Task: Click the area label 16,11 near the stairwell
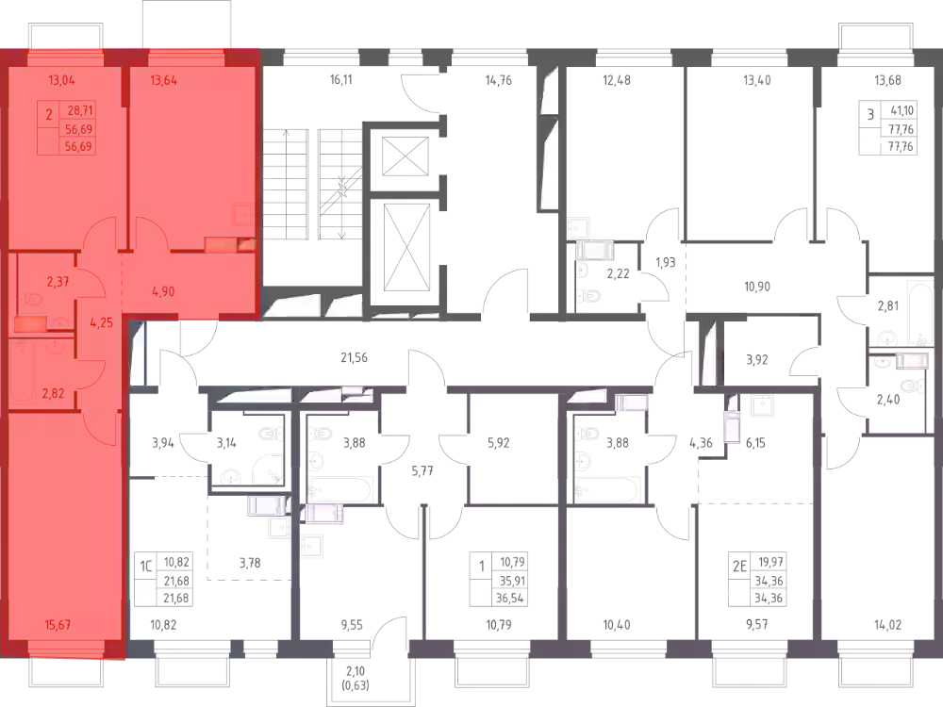pos(341,79)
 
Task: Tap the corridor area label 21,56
pos(354,357)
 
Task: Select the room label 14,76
pos(499,80)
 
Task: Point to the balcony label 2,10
pos(355,671)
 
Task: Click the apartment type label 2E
pos(739,566)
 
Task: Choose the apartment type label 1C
pos(146,566)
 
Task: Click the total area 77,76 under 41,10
pos(901,128)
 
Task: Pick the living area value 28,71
pos(80,110)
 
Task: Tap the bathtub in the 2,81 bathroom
pos(918,313)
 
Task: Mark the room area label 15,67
pos(58,625)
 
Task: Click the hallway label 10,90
pos(757,287)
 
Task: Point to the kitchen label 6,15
pos(755,443)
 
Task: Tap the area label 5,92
pos(499,443)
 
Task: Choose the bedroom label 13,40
pos(757,80)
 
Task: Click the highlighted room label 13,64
pos(163,80)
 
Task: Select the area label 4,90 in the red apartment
pos(163,291)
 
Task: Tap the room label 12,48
pos(617,80)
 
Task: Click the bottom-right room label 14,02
pos(887,625)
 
